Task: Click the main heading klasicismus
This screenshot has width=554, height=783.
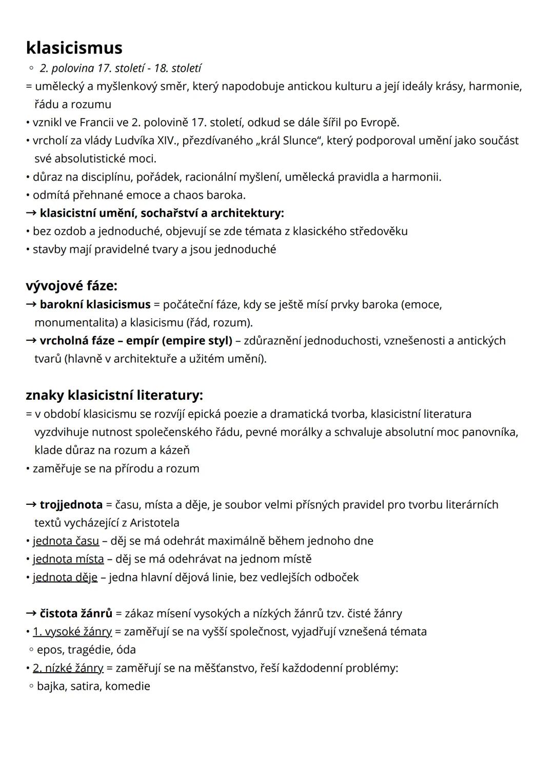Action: (x=74, y=48)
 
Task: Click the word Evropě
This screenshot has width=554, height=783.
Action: (x=380, y=123)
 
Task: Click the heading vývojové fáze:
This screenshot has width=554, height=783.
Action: (x=71, y=285)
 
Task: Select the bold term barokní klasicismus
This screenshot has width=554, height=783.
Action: (x=95, y=305)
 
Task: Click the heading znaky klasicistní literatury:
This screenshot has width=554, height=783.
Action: (x=114, y=395)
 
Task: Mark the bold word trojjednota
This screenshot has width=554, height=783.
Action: (x=71, y=505)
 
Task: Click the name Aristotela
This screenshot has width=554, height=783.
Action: (x=154, y=523)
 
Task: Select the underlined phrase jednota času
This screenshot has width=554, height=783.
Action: (x=66, y=541)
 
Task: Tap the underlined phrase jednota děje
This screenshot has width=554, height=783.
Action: (x=65, y=577)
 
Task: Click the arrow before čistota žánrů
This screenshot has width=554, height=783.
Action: (x=31, y=614)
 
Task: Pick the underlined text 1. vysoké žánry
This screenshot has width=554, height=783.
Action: (x=72, y=632)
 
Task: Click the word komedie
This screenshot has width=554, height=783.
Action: (x=128, y=686)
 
